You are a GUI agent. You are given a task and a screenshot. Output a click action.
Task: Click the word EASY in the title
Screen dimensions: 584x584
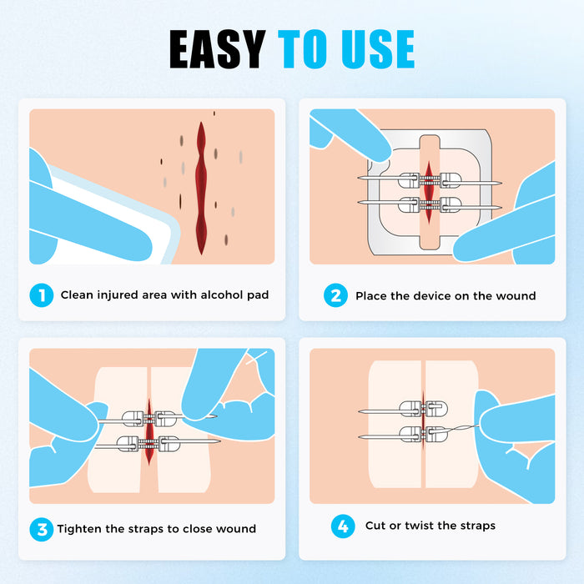click(x=219, y=49)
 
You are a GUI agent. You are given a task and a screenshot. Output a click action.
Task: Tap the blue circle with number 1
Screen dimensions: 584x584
click(x=39, y=295)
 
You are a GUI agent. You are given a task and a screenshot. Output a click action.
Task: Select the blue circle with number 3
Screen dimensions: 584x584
click(x=39, y=528)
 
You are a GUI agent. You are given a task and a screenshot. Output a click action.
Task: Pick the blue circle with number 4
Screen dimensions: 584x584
click(x=341, y=526)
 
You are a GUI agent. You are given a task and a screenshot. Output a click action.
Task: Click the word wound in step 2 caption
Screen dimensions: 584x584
click(x=516, y=295)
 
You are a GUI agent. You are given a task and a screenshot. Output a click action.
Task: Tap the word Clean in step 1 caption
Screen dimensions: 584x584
click(x=78, y=295)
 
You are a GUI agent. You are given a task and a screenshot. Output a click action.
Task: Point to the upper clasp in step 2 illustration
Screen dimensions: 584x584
click(x=429, y=179)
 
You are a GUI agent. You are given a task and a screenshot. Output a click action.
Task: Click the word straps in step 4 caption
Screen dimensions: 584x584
click(x=476, y=526)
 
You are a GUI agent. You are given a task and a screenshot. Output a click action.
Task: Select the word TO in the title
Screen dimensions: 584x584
click(x=301, y=49)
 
